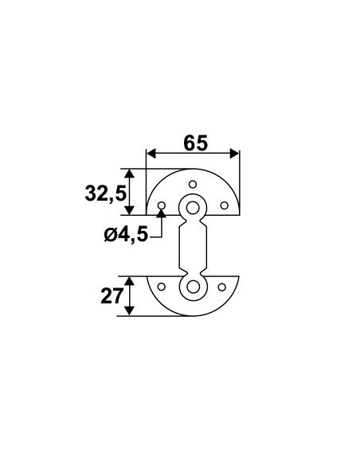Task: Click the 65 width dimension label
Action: (196, 143)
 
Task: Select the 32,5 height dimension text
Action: (106, 193)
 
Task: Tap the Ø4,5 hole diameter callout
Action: (126, 235)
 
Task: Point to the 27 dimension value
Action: (112, 296)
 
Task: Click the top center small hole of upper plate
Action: (193, 185)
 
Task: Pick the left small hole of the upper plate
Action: (162, 205)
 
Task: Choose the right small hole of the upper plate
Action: (224, 205)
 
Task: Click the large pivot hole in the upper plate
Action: (193, 208)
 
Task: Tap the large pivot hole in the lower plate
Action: (193, 287)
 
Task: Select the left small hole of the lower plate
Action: (162, 287)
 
